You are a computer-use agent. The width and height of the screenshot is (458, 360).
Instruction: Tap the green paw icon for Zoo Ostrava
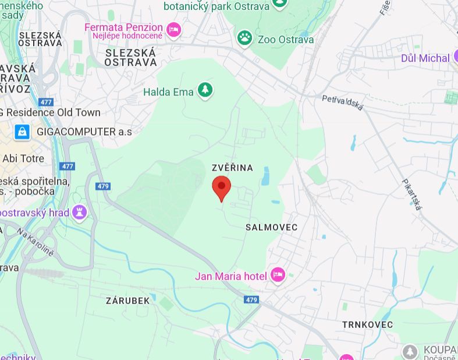click(x=245, y=38)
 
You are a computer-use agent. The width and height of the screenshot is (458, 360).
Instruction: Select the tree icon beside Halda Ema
click(x=204, y=90)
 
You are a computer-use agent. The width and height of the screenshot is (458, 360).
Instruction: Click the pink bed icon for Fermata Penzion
click(x=173, y=29)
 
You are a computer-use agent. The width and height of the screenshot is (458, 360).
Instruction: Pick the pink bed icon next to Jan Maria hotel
click(x=278, y=275)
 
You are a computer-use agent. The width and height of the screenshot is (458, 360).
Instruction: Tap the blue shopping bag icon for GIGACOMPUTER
click(x=22, y=132)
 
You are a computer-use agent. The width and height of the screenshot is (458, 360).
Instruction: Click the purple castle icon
click(x=80, y=212)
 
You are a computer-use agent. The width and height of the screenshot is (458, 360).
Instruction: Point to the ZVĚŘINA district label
click(x=233, y=168)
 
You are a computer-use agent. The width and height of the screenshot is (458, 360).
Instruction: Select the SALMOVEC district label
click(x=271, y=227)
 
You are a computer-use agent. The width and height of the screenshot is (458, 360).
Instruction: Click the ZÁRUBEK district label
click(x=127, y=301)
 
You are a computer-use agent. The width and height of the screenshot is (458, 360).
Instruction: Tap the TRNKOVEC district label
click(x=367, y=324)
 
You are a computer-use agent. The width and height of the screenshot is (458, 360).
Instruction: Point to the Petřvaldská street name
click(x=343, y=103)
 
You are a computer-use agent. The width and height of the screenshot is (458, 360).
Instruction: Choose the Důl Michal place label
click(x=425, y=58)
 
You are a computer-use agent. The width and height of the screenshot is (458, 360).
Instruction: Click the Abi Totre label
click(x=23, y=158)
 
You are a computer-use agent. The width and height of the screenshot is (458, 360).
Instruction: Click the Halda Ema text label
click(x=168, y=92)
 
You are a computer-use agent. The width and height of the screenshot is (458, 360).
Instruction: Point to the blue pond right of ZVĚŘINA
click(x=265, y=176)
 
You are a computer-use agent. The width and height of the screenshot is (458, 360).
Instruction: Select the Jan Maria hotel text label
click(x=231, y=276)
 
